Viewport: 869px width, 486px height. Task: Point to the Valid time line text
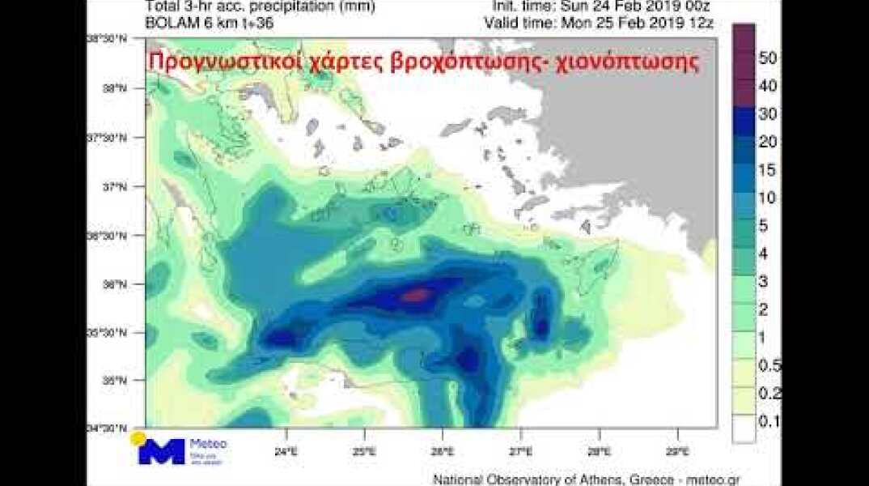point(599,23)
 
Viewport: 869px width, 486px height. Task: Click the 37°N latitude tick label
point(118,187)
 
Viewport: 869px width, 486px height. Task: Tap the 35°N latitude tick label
point(118,380)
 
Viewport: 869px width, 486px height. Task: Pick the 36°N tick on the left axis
point(118,284)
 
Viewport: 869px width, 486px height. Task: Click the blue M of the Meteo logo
point(162,452)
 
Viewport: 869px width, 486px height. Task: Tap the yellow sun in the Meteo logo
point(138,438)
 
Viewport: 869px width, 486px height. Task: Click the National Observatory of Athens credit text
point(587,479)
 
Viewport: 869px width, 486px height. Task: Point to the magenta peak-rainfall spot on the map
point(415,295)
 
